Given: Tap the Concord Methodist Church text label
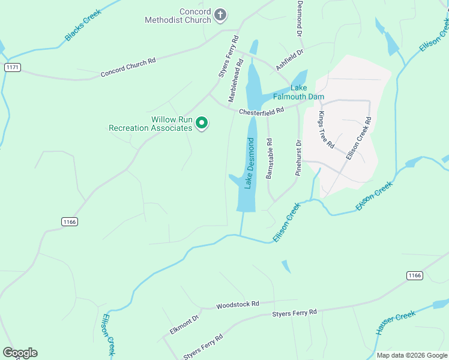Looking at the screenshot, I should tap(179, 16).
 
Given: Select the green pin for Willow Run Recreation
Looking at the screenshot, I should tap(202, 124).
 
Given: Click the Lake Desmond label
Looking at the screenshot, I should tap(250, 163).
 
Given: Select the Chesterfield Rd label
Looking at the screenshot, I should tap(261, 112).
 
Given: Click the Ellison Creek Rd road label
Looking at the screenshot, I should tap(360, 137).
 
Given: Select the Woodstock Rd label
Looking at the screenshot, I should tap(238, 305).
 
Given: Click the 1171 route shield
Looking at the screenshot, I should tap(12, 67).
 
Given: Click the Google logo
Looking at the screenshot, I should tap(20, 352).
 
